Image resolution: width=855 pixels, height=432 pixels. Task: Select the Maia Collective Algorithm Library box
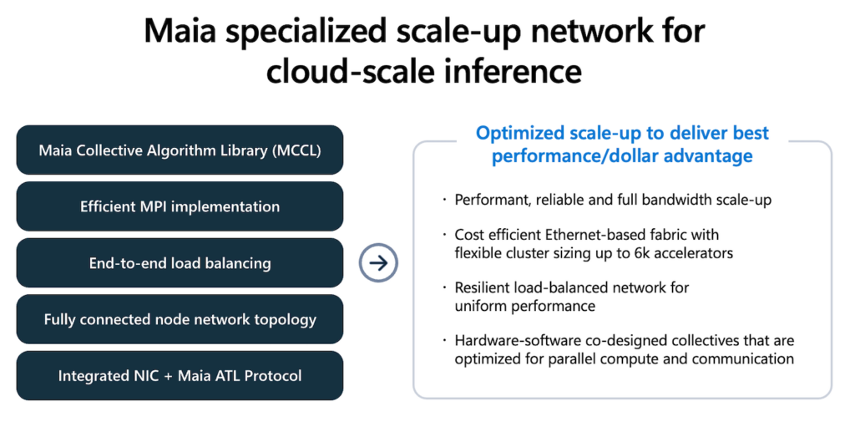click(x=180, y=150)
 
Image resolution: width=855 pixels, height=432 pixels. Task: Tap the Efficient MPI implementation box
click(x=180, y=206)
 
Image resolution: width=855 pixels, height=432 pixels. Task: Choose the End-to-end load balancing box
click(x=180, y=263)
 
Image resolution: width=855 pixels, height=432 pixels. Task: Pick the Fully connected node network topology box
click(x=180, y=319)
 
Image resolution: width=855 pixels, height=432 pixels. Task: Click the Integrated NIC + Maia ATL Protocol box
click(x=180, y=376)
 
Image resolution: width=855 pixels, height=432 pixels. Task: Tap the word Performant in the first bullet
click(x=491, y=200)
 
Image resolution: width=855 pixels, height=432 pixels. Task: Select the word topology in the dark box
click(x=286, y=319)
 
